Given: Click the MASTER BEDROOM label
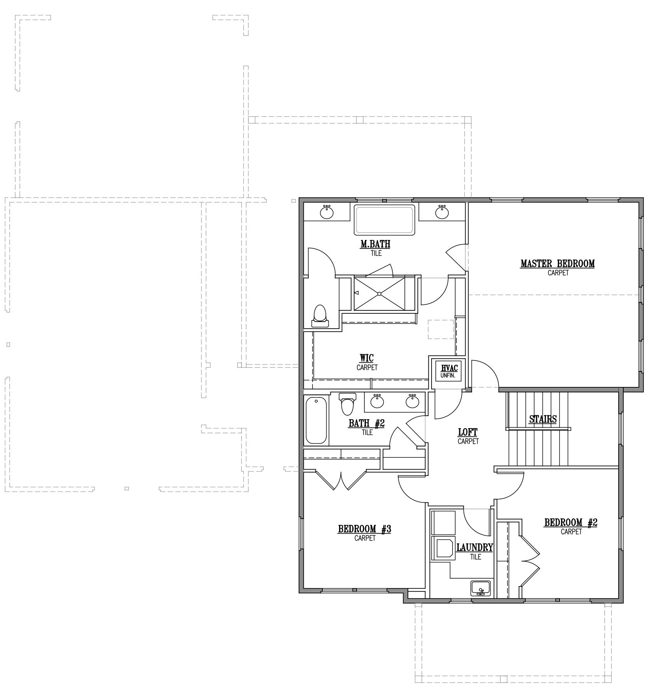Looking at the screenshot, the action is coord(558,264).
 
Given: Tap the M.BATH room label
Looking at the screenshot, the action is coord(375,244).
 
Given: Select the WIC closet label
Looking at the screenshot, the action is coord(367,358).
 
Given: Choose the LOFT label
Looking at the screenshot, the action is coord(468,432).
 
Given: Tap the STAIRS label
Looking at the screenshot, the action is coord(543,419).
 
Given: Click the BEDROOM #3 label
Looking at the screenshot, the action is coord(364,529).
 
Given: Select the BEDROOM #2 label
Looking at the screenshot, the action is coord(571,522).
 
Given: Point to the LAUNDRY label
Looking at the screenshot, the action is coord(475,548).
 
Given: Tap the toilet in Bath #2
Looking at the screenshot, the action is coord(347,404).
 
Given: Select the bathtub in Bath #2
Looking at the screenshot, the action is coord(316,420).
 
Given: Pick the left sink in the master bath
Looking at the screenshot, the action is coord(327,212).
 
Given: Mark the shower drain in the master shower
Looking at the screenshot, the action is coord(379,294).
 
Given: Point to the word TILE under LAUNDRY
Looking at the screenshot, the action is coord(475,557).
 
